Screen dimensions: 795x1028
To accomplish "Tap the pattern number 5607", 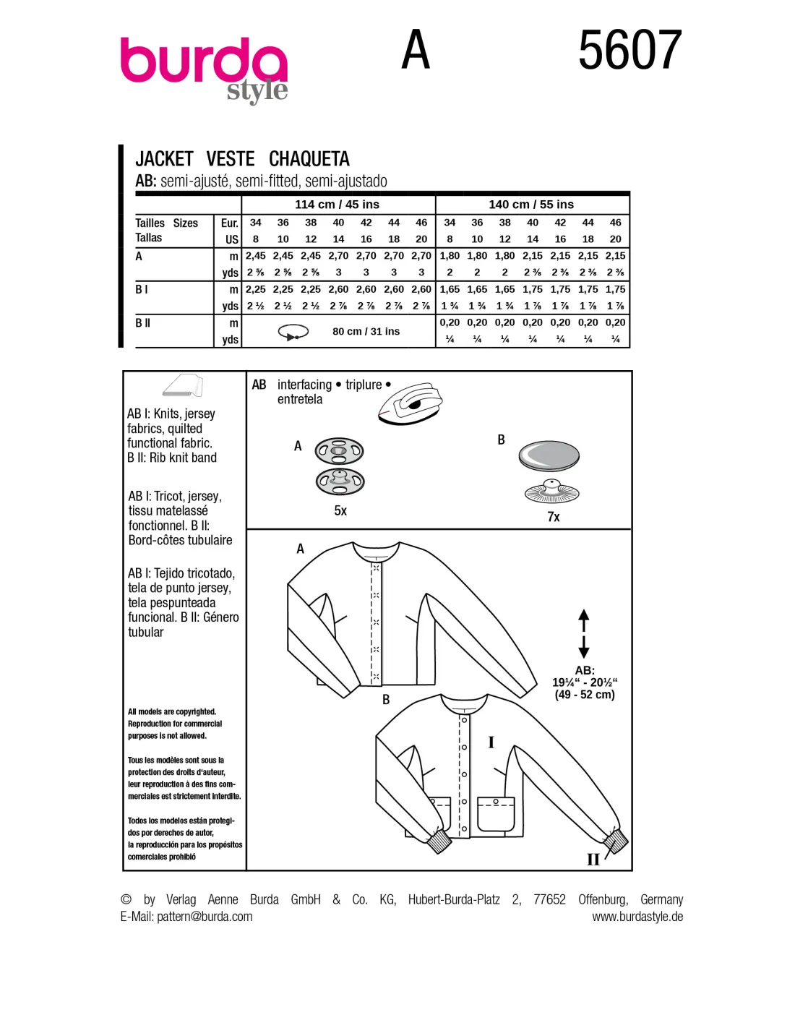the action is pyautogui.click(x=630, y=50).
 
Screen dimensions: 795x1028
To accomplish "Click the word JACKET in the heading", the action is pyautogui.click(x=164, y=158).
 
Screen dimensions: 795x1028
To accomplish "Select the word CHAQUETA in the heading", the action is pyautogui.click(x=309, y=158).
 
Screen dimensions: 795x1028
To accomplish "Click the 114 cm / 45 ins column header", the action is pyautogui.click(x=338, y=205).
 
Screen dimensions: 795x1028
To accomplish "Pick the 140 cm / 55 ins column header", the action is pyautogui.click(x=531, y=205).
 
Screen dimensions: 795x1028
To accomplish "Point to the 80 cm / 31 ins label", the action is pyautogui.click(x=366, y=331).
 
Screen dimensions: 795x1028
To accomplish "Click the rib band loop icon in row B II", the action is pyautogui.click(x=293, y=332).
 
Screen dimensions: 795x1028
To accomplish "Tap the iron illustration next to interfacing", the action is pyautogui.click(x=411, y=403).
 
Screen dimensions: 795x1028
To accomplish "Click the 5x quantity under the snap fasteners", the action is pyautogui.click(x=340, y=511).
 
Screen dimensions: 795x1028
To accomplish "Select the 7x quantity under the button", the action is pyautogui.click(x=554, y=517).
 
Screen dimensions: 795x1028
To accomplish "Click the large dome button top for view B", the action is pyautogui.click(x=549, y=456).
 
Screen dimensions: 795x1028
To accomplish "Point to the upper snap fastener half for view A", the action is pyautogui.click(x=339, y=451).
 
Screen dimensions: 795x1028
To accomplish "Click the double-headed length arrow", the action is pyautogui.click(x=583, y=633).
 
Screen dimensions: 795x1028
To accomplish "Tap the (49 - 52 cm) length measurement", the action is pyautogui.click(x=585, y=695).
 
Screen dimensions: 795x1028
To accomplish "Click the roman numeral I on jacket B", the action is pyautogui.click(x=491, y=742).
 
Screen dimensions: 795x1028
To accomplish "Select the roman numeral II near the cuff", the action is pyautogui.click(x=593, y=860).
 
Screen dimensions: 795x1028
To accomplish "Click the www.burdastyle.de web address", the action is pyautogui.click(x=637, y=917).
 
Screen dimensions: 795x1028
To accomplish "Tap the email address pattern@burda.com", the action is pyautogui.click(x=205, y=917).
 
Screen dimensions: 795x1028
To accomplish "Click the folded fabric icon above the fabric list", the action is pyautogui.click(x=182, y=385).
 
